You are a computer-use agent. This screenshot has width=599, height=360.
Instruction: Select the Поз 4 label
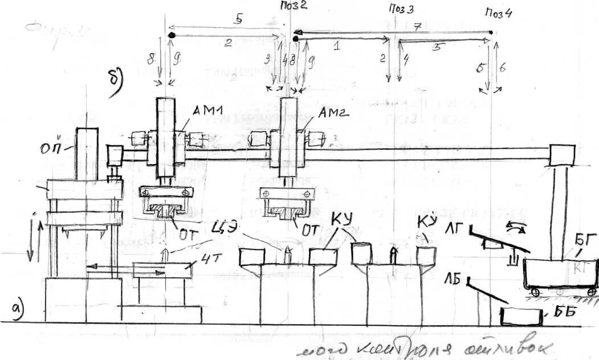[x=499, y=12]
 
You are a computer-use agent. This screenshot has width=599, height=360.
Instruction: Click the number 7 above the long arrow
[x=417, y=26]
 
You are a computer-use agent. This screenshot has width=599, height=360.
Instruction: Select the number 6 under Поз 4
[x=502, y=67]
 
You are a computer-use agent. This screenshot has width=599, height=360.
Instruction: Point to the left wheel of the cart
[x=535, y=292]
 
